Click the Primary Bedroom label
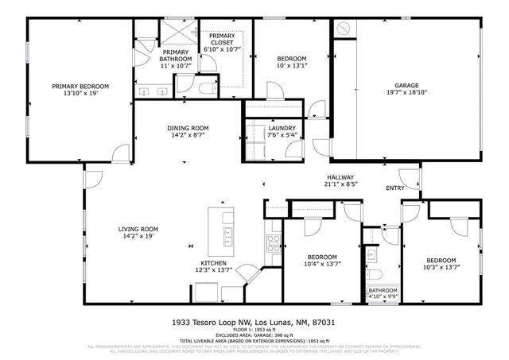pos(80,90)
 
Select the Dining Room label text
pos(188,132)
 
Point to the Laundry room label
pos(282,131)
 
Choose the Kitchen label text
pos(213,267)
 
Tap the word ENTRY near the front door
pos(395,188)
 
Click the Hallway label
pos(340,181)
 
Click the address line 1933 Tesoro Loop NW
pos(254,323)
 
